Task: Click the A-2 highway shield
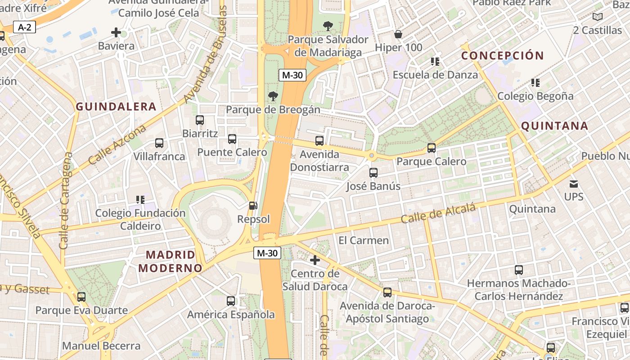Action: click(24, 27)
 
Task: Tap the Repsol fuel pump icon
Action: click(253, 206)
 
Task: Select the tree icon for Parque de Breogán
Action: click(273, 96)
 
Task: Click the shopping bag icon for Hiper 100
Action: click(398, 34)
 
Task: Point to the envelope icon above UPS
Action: click(573, 184)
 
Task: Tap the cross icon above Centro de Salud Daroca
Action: click(315, 260)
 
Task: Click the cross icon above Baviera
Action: click(116, 32)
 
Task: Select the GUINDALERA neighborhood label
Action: click(116, 107)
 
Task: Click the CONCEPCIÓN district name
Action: click(503, 56)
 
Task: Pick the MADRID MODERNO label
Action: click(171, 261)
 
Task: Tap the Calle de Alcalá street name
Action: click(438, 213)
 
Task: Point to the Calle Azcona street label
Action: click(117, 145)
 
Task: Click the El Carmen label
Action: click(364, 240)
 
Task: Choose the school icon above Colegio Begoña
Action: click(535, 82)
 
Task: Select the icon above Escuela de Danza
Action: click(435, 61)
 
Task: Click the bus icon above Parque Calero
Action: click(431, 148)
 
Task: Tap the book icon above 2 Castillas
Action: click(597, 17)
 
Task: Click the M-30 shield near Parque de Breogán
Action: click(292, 75)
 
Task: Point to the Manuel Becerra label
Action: click(101, 346)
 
